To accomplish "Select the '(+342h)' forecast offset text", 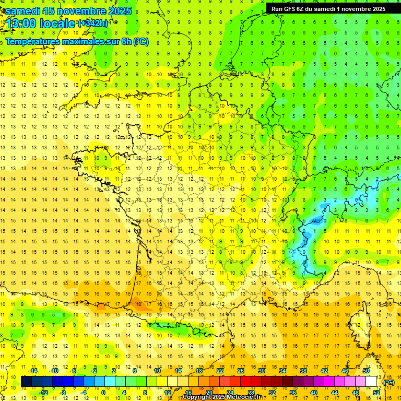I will [x=93, y=23].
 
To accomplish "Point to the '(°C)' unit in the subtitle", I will [x=141, y=41].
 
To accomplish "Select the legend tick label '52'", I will [x=376, y=393].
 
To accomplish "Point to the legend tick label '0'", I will [x=103, y=393].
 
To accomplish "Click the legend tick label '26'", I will [x=241, y=371].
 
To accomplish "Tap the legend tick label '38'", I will [x=303, y=371].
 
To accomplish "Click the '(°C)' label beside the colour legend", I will [x=388, y=382].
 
